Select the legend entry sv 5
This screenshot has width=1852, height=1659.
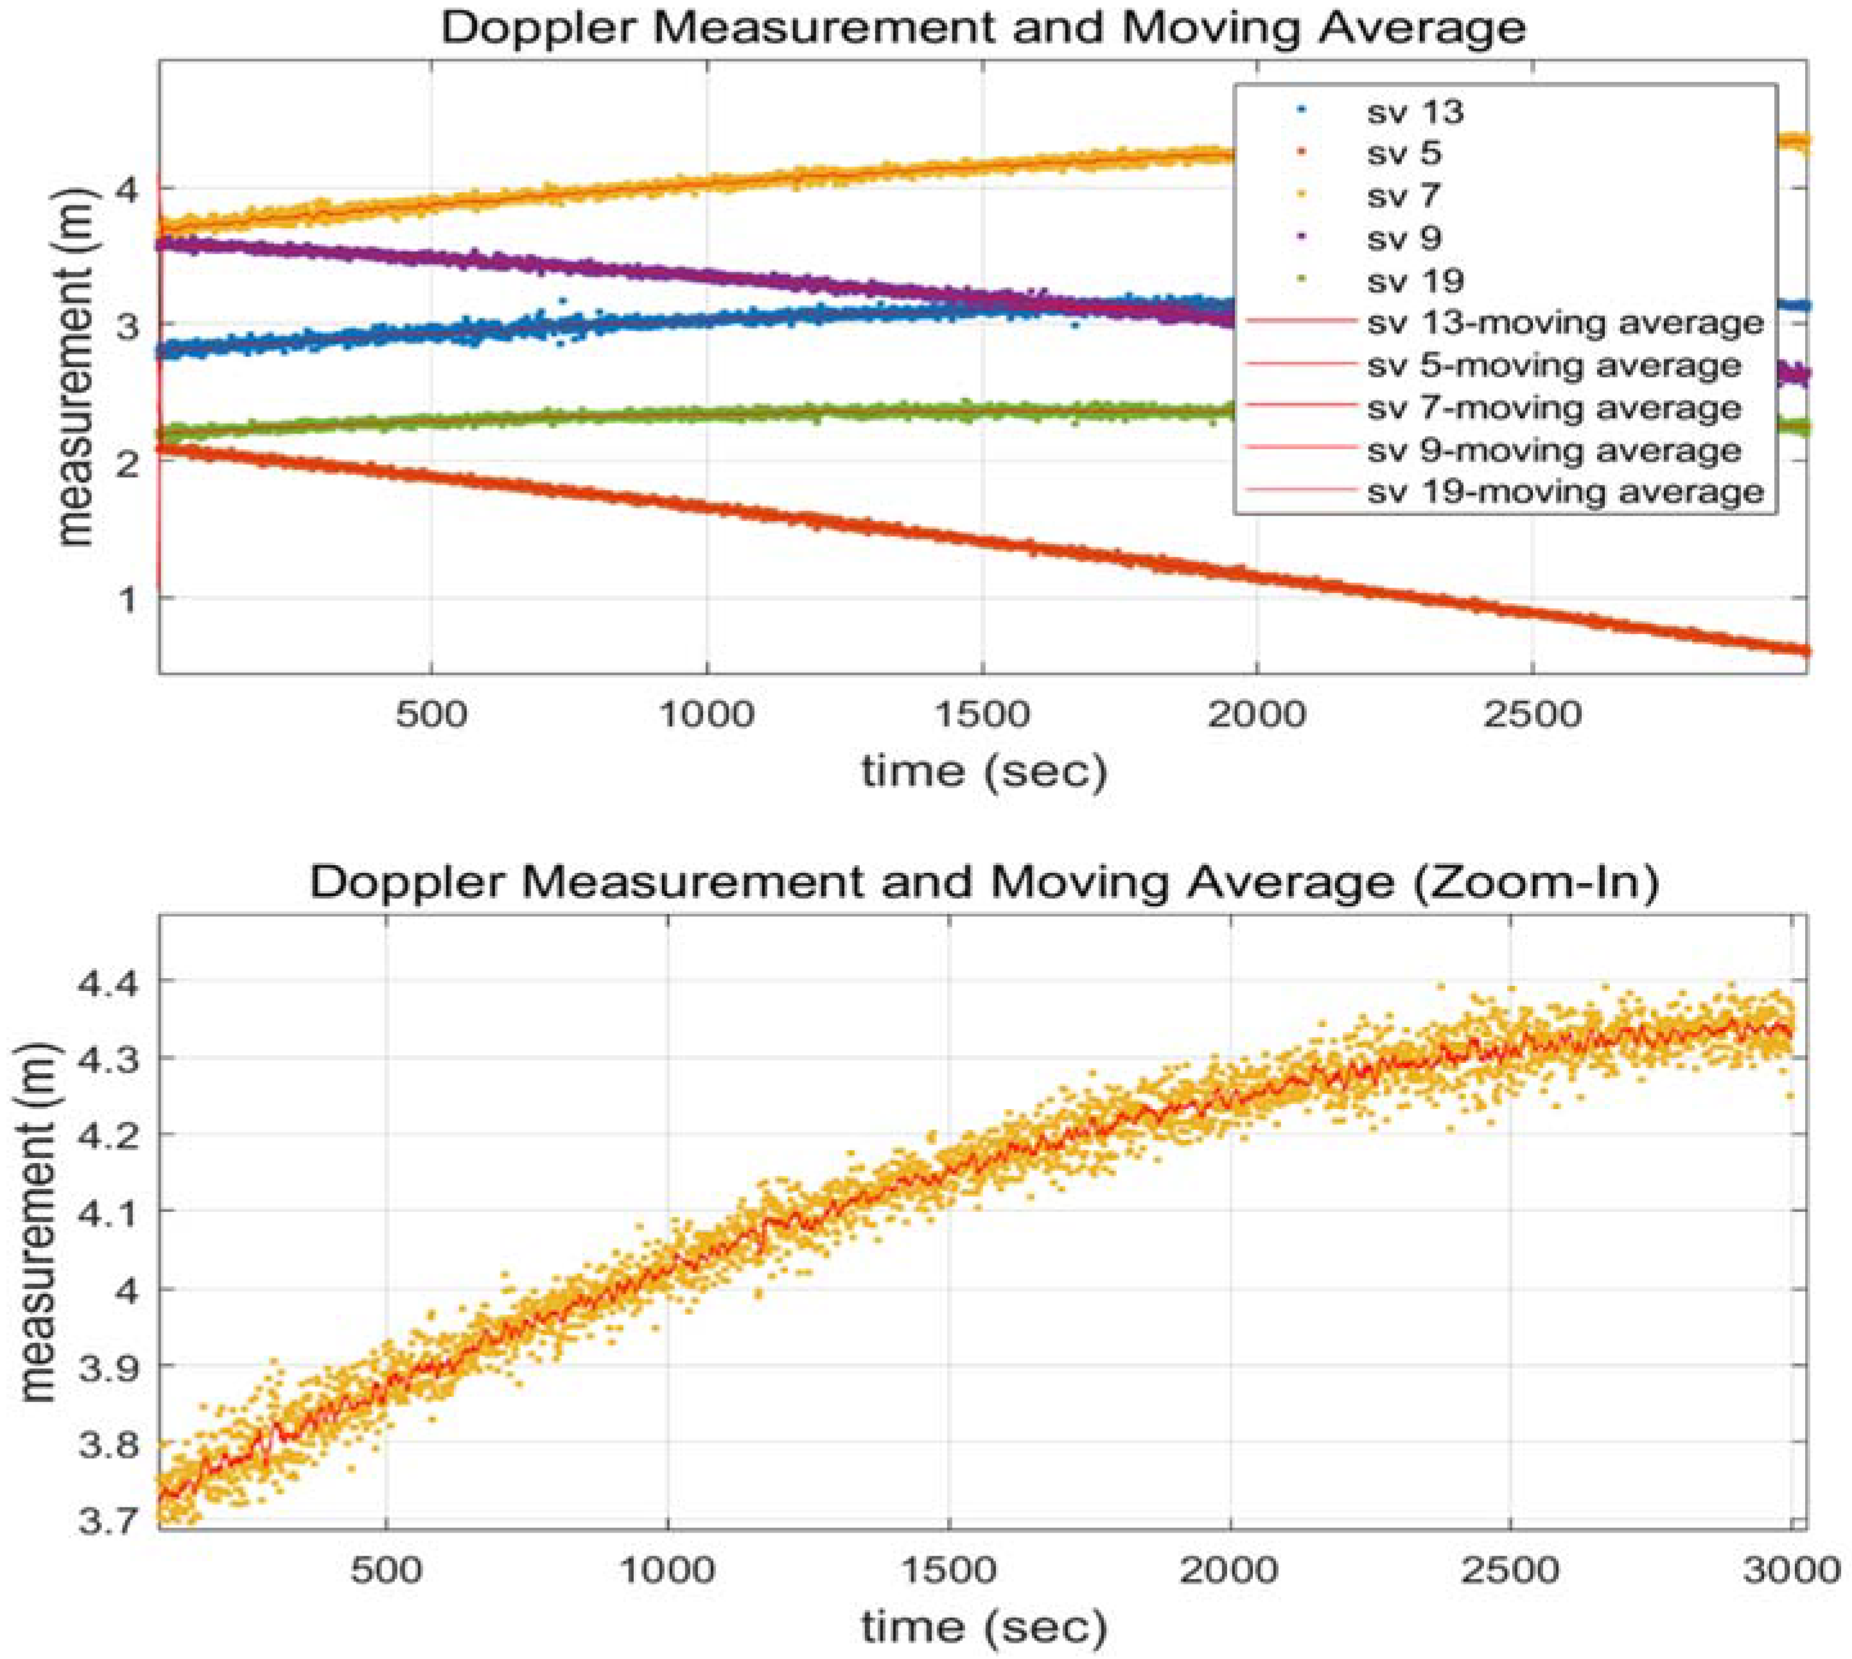pos(1404,153)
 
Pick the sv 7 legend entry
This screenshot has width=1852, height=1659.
pos(1404,195)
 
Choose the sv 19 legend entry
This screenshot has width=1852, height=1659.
pos(1415,281)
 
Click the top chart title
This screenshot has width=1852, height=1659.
pos(983,28)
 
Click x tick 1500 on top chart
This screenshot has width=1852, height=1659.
pos(983,714)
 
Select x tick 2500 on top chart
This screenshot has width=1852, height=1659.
pos(1531,714)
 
